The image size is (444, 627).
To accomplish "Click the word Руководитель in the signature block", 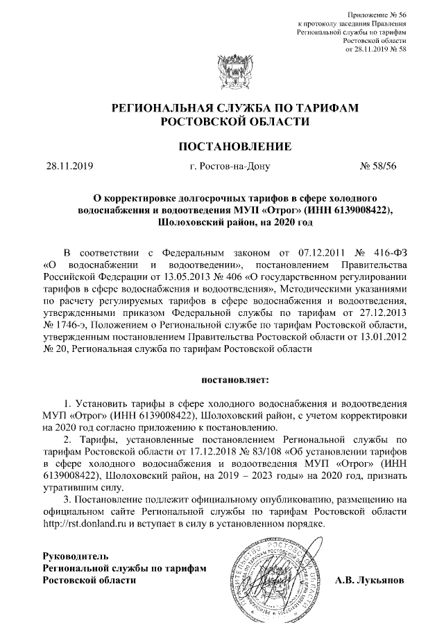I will [x=75, y=556].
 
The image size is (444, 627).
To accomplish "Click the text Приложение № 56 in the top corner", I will [x=375, y=15].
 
